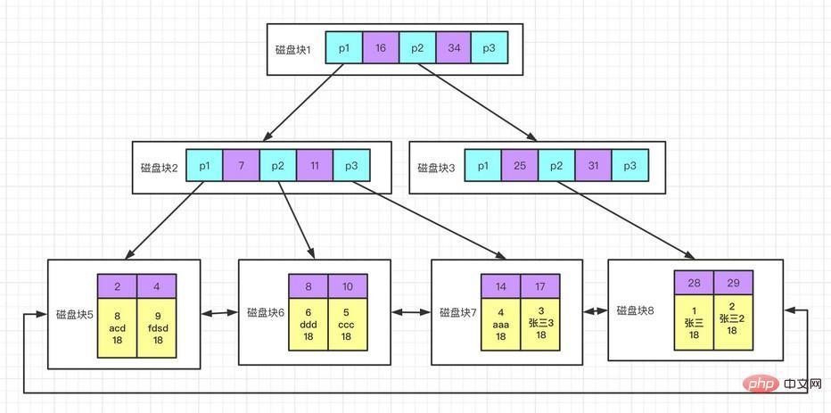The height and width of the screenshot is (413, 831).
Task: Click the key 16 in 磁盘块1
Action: [380, 48]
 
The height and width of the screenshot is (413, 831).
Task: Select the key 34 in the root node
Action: [452, 48]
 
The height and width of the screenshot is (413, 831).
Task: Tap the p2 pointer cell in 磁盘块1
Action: [416, 48]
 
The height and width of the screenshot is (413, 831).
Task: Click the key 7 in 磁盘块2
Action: [241, 166]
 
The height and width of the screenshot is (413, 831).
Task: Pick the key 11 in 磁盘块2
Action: [314, 166]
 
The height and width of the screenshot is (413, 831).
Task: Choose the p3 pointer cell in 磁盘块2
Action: [350, 166]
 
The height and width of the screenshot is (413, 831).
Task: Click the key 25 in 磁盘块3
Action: [519, 166]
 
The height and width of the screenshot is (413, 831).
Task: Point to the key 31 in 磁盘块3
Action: [592, 166]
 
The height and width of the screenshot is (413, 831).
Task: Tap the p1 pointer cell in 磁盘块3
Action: [482, 166]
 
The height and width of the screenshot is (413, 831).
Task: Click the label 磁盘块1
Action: [293, 48]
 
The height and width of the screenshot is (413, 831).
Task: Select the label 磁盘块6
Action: [266, 313]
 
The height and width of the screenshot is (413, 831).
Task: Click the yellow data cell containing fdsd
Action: [157, 327]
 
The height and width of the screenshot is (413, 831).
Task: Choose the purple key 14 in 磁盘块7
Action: [501, 286]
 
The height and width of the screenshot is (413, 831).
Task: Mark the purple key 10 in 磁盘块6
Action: [347, 288]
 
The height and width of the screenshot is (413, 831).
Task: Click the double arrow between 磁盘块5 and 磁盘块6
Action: [219, 313]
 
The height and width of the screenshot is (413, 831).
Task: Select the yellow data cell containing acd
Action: [118, 327]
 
